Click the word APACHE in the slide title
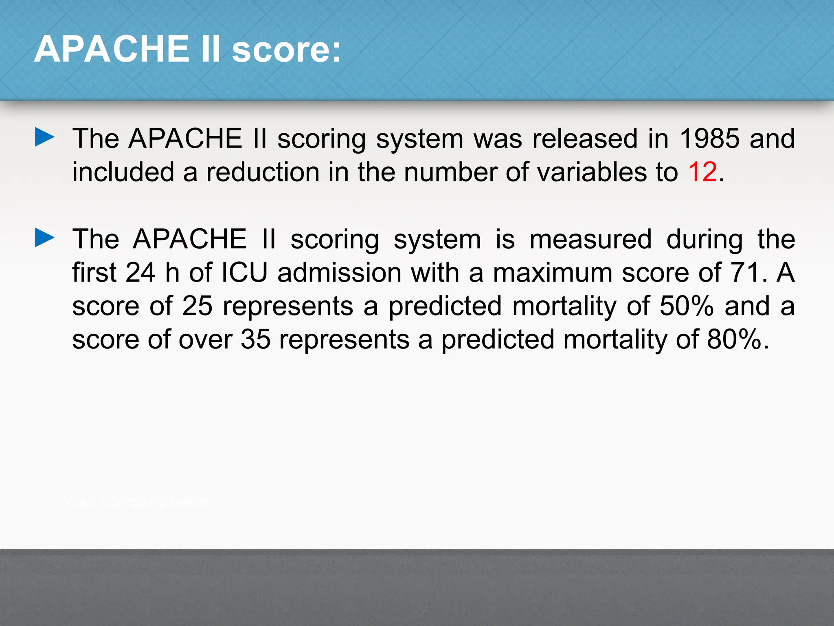point(111,49)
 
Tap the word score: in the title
point(286,50)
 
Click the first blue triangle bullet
point(44,137)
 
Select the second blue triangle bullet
point(44,238)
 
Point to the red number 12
point(702,172)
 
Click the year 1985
point(709,138)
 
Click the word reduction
point(263,172)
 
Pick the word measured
point(590,239)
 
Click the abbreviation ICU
point(244,272)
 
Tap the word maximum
point(553,272)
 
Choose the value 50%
point(687,306)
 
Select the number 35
point(255,339)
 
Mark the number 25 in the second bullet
point(197,306)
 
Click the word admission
point(339,272)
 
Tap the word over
point(205,339)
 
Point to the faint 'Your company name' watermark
point(136,502)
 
